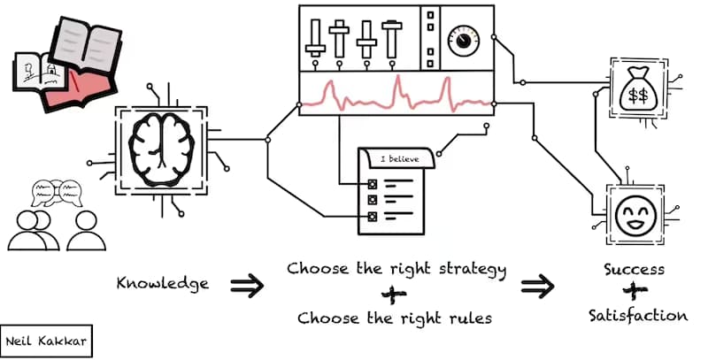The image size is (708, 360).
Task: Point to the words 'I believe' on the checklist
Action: (x=396, y=159)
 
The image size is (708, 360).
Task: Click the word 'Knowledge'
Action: (x=163, y=284)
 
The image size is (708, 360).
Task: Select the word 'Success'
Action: (x=634, y=269)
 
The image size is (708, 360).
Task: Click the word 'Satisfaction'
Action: (x=637, y=315)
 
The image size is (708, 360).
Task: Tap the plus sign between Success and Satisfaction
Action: (x=633, y=291)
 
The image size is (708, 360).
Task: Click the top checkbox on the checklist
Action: (x=372, y=184)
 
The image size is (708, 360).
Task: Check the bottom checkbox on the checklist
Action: (x=372, y=216)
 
